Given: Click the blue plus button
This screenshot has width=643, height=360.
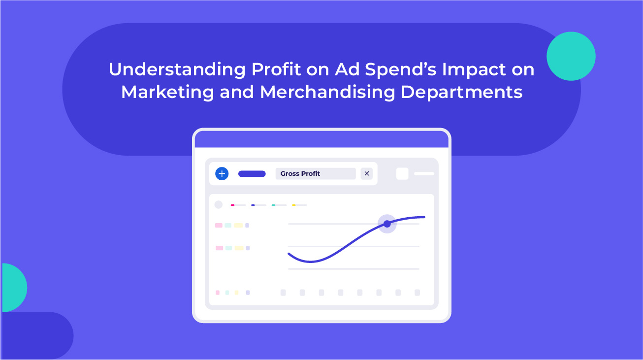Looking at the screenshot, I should pyautogui.click(x=222, y=173).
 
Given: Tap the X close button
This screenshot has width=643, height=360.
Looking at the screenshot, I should pyautogui.click(x=366, y=173).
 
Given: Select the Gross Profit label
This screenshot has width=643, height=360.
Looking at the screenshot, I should pyautogui.click(x=300, y=173).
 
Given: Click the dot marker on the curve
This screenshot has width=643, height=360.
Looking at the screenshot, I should pyautogui.click(x=387, y=224).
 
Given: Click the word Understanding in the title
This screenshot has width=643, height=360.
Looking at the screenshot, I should pyautogui.click(x=177, y=70).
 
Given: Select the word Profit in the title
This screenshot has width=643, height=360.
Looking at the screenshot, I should pyautogui.click(x=276, y=69).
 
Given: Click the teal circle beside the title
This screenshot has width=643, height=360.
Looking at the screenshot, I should pyautogui.click(x=571, y=56).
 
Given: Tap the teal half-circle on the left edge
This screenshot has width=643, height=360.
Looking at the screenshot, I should pyautogui.click(x=14, y=288).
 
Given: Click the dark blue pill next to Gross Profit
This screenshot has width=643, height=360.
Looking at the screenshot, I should pyautogui.click(x=252, y=174).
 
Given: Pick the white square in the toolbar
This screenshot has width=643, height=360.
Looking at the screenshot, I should pyautogui.click(x=402, y=174).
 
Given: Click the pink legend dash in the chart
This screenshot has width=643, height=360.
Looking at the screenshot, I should pyautogui.click(x=233, y=205).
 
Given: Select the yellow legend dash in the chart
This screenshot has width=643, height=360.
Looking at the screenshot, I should pyautogui.click(x=294, y=205).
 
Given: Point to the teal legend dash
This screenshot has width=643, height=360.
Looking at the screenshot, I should pyautogui.click(x=273, y=205).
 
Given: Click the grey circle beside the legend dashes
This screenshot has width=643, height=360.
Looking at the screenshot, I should pyautogui.click(x=219, y=205).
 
